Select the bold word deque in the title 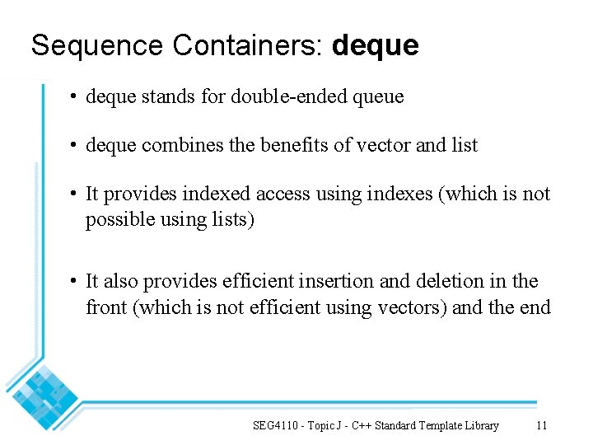tap(376, 46)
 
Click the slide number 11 tap(541, 426)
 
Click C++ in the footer tap(362, 426)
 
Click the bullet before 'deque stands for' tap(74, 97)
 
